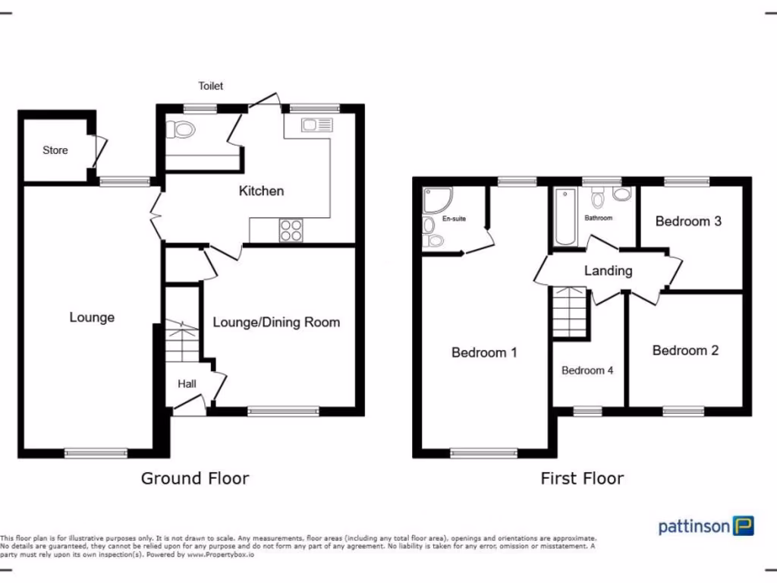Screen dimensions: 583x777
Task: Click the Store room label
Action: [x=55, y=150]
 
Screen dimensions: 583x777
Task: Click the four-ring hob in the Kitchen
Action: [x=291, y=230]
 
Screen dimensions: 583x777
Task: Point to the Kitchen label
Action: [x=261, y=191]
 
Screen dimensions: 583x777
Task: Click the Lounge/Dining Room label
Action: [x=276, y=322]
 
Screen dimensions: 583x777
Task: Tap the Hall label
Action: [x=187, y=383]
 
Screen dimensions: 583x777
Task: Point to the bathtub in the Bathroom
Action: [x=565, y=218]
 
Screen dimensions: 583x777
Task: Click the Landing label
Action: [x=608, y=270]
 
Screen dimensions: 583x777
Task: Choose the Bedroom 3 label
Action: [x=687, y=222]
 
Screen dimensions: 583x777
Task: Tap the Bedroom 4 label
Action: [x=587, y=370]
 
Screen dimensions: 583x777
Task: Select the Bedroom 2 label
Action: [x=684, y=351]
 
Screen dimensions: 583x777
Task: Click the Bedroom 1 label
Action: [x=484, y=352]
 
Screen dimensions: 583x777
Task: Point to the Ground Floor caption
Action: [x=195, y=478]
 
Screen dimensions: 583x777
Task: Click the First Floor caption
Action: [x=582, y=478]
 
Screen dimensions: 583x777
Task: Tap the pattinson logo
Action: [x=705, y=526]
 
